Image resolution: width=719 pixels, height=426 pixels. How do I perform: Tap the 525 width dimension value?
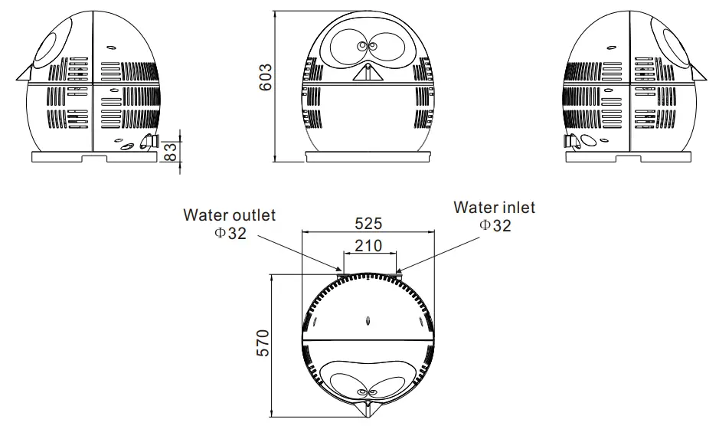[368, 224]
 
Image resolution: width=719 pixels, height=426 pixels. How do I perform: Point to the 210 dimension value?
[369, 246]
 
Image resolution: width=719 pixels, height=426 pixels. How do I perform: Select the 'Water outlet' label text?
[228, 215]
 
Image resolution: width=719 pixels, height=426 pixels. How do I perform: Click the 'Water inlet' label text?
[494, 207]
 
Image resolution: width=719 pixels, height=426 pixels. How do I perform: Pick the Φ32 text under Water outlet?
[230, 233]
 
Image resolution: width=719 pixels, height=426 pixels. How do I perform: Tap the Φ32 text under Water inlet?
[494, 225]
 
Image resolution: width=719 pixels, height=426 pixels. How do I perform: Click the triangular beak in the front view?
[367, 72]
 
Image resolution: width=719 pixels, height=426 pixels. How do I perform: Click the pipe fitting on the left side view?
[149, 142]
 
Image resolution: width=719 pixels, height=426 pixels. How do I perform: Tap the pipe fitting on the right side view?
[570, 142]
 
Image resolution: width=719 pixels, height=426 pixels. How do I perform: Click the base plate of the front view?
[367, 156]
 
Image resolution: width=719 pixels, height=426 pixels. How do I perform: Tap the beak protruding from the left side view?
[21, 74]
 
